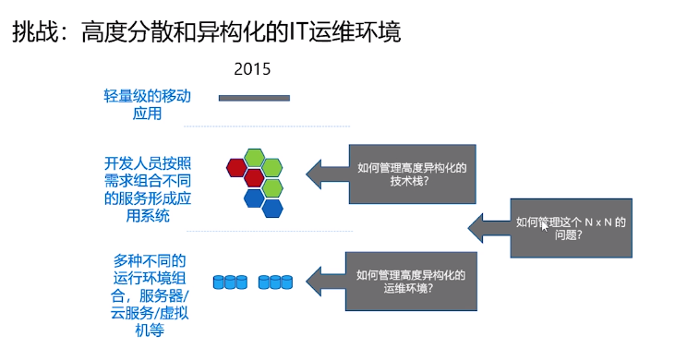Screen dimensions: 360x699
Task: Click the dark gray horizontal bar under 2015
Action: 254,98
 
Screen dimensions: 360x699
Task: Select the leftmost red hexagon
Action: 236,167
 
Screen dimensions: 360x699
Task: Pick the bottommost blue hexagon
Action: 271,209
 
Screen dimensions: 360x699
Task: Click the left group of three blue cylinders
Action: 230,281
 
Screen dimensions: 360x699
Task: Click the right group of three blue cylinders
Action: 275,281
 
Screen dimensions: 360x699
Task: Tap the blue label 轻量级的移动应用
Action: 148,104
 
